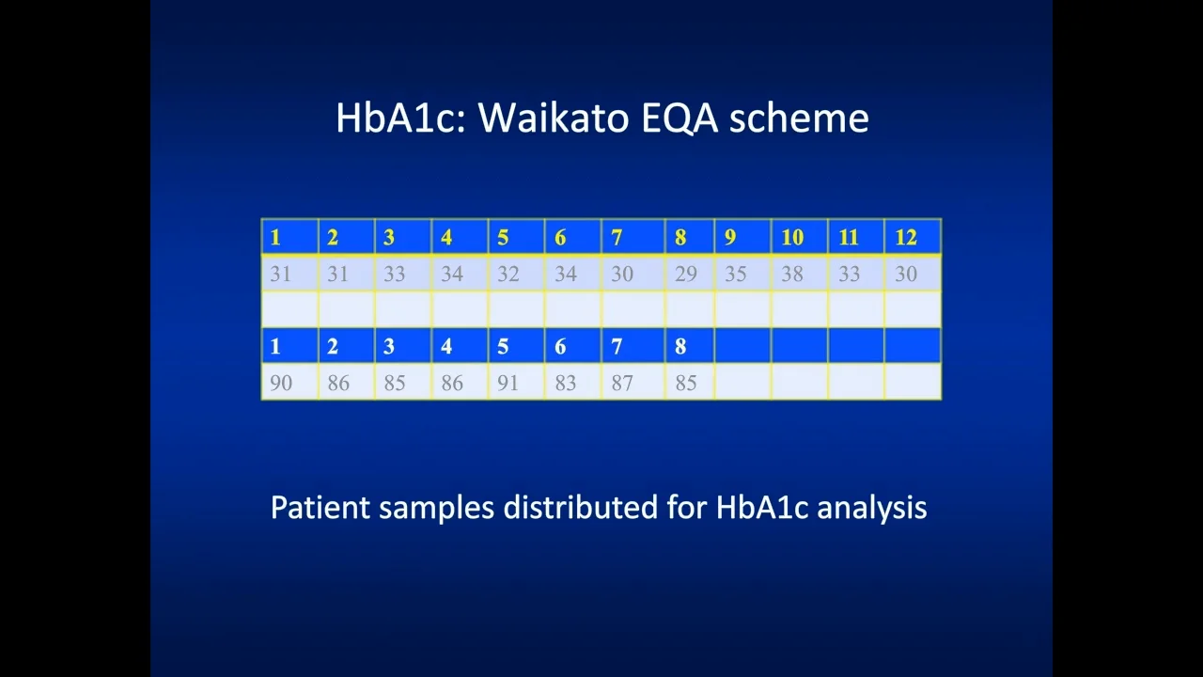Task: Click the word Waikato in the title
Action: [x=554, y=118]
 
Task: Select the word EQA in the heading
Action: [x=680, y=118]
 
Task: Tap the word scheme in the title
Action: [x=799, y=118]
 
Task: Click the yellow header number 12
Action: [x=906, y=237]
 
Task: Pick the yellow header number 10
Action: [x=792, y=237]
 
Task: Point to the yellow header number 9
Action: [x=730, y=237]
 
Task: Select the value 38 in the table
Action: [x=792, y=274]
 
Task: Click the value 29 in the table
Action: [x=686, y=274]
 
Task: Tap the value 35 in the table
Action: [x=736, y=274]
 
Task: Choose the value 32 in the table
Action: [x=508, y=274]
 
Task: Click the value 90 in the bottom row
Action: [x=281, y=383]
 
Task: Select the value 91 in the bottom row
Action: [x=508, y=383]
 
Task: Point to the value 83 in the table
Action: [x=566, y=383]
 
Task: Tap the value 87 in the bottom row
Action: [x=622, y=383]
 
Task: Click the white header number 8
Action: [x=680, y=347]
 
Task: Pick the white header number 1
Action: [x=275, y=347]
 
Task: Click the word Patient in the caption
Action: [x=320, y=507]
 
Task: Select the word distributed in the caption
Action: [x=581, y=507]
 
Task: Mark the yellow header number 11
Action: [x=849, y=237]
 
